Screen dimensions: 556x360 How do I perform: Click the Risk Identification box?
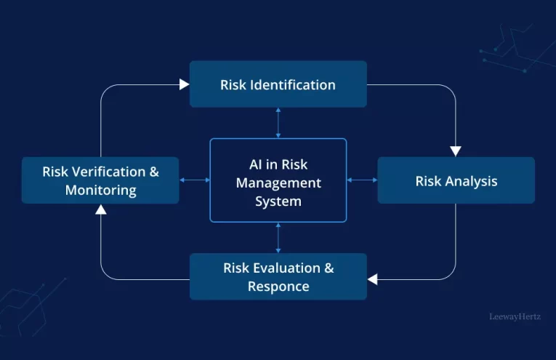click(x=278, y=84)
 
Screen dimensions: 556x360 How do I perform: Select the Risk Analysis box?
click(x=456, y=180)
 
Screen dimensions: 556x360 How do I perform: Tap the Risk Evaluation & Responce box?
click(x=278, y=276)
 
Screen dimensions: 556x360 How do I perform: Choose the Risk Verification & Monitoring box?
click(x=100, y=180)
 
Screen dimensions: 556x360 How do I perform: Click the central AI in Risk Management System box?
click(x=278, y=180)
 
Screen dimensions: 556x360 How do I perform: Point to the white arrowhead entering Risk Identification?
click(x=184, y=84)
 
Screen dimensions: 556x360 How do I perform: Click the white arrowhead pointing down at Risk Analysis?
click(x=456, y=151)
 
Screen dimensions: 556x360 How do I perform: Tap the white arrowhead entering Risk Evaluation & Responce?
click(x=373, y=279)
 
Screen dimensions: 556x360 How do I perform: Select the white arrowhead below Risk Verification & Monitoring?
click(x=101, y=209)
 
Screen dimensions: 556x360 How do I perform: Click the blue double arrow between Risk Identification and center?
click(x=278, y=123)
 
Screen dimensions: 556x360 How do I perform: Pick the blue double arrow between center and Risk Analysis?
click(x=362, y=180)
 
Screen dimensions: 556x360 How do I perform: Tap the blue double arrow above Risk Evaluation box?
click(x=278, y=238)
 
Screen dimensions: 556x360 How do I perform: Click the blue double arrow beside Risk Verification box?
click(x=194, y=180)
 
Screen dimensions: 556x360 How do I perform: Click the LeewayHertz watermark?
click(x=515, y=316)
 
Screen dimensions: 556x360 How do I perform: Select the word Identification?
click(x=293, y=85)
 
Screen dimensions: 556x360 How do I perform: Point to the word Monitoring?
click(x=101, y=190)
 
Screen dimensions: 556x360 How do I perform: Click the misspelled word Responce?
click(x=278, y=287)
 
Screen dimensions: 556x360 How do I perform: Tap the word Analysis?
click(x=471, y=181)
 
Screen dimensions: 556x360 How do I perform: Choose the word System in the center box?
click(x=278, y=201)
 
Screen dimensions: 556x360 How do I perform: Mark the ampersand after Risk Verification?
click(x=154, y=172)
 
